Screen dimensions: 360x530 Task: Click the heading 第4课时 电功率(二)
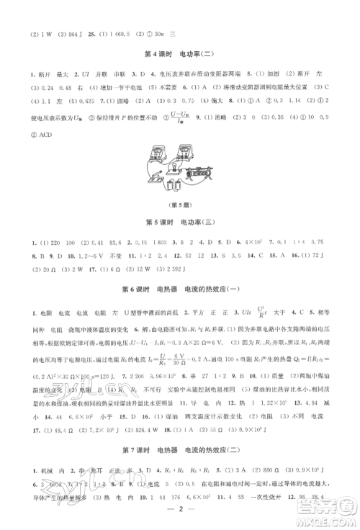point(180,55)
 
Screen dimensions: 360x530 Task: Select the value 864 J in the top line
point(73,33)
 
